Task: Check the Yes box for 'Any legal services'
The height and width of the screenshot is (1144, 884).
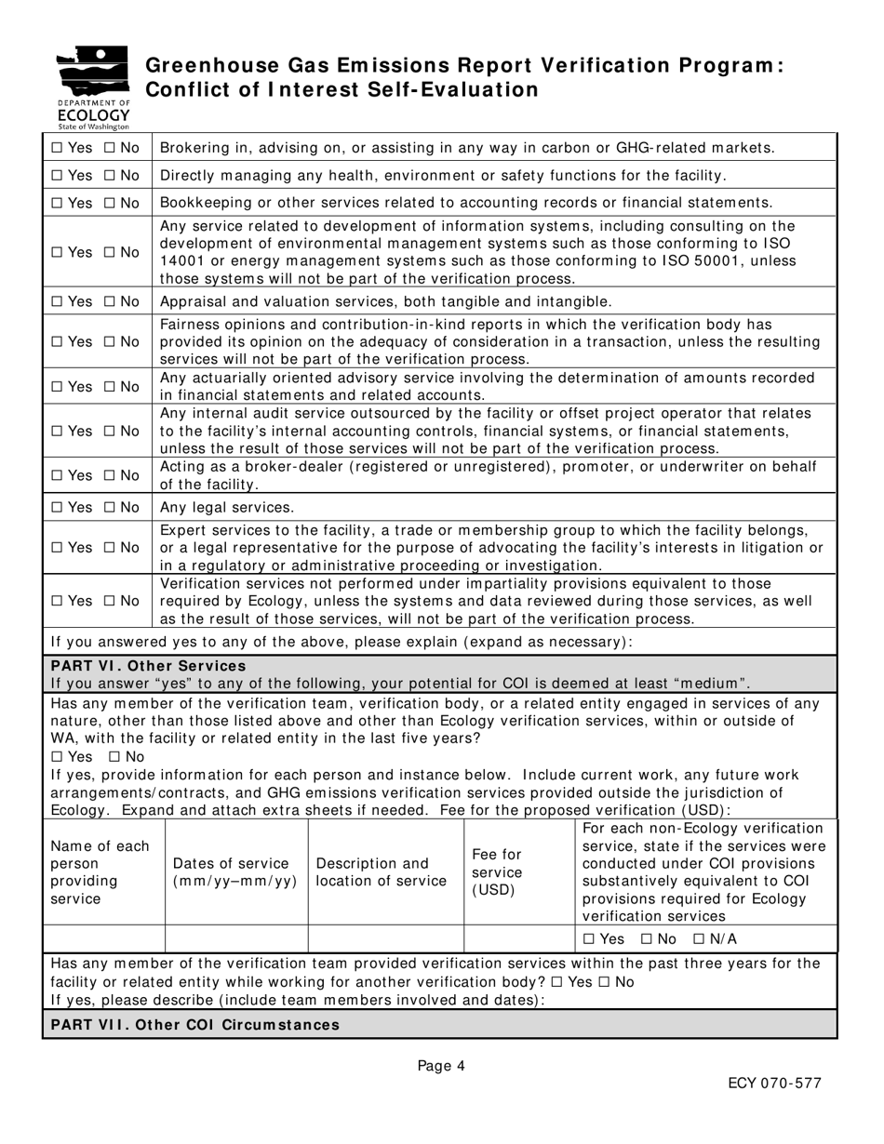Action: (x=57, y=507)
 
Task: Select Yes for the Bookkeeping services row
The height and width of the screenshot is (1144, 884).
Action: (x=57, y=203)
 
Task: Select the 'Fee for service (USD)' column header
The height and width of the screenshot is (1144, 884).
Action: (x=498, y=872)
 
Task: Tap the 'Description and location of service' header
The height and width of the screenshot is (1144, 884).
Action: (x=381, y=872)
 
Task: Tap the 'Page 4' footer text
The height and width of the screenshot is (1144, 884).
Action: (x=441, y=1067)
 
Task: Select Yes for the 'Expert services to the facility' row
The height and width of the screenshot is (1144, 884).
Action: (x=57, y=548)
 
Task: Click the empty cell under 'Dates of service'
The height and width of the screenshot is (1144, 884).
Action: (x=236, y=939)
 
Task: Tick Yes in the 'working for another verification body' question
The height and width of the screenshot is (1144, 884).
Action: (x=556, y=982)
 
